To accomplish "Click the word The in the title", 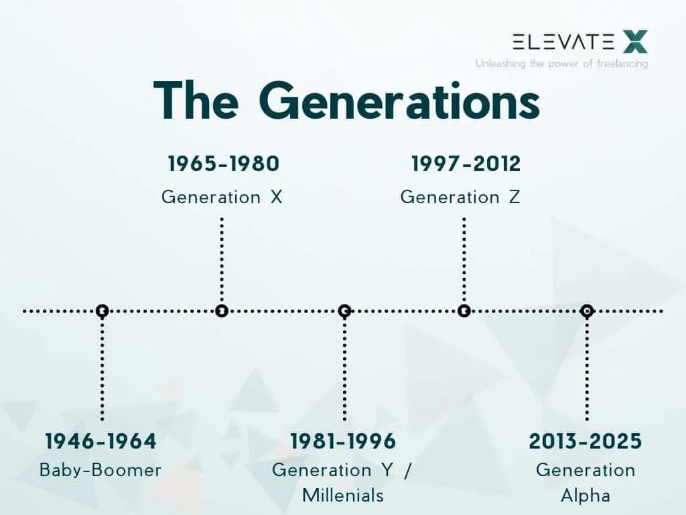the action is (x=196, y=101).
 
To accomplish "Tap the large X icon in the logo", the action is (x=635, y=42).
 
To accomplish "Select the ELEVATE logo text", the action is (x=563, y=42).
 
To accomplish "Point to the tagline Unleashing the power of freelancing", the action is (x=562, y=64).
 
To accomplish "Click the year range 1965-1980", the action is (x=224, y=164).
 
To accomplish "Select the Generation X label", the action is (x=222, y=197).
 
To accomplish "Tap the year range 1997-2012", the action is (x=466, y=164).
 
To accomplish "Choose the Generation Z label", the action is (x=460, y=197).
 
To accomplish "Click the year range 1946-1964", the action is (x=100, y=441).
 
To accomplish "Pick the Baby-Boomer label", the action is (x=100, y=470).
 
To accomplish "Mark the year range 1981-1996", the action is (x=343, y=441).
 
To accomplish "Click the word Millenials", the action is (x=343, y=496).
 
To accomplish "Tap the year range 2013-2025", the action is (x=586, y=441).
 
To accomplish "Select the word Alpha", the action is (x=586, y=496).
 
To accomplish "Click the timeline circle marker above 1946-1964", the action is (x=102, y=311).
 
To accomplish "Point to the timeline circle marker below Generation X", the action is (x=222, y=311).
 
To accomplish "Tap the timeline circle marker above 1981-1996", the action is (x=345, y=311).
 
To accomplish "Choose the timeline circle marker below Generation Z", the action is (x=464, y=311).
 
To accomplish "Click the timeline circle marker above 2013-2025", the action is (x=587, y=311).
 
